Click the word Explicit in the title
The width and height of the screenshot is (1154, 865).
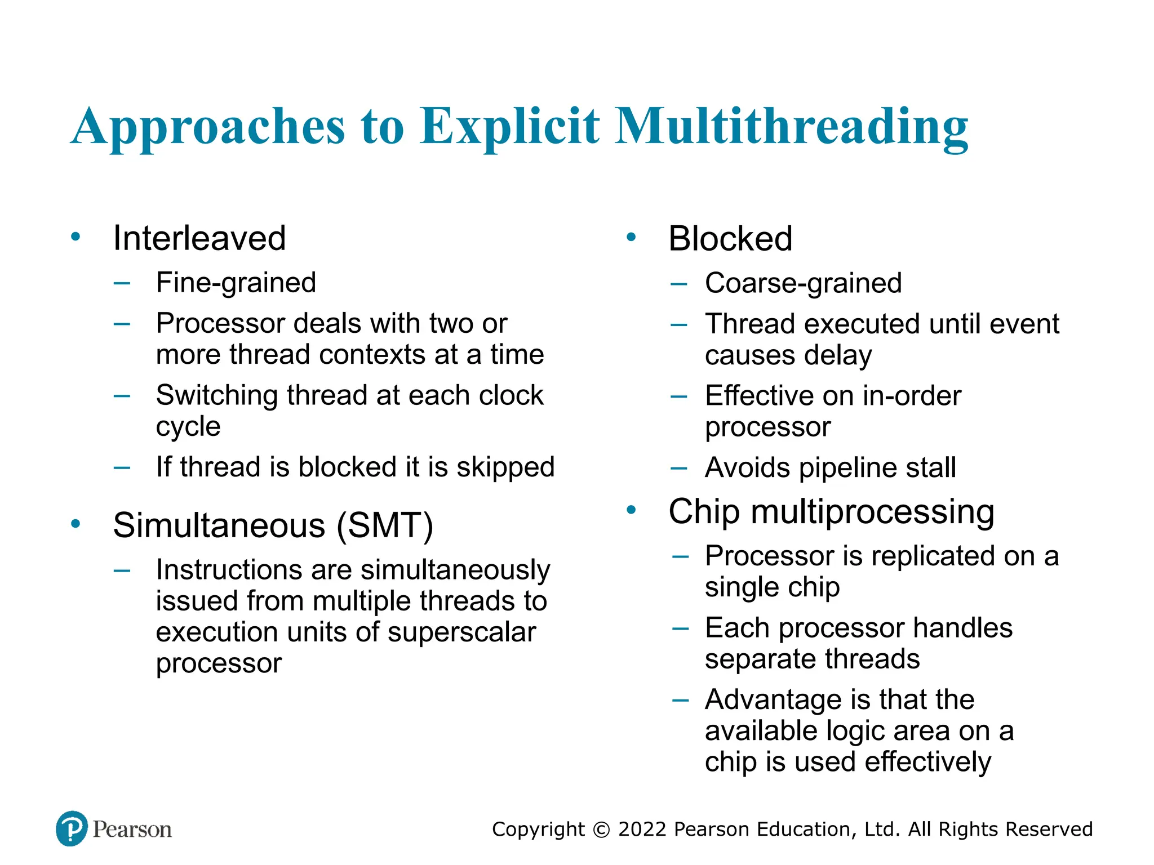pos(509,126)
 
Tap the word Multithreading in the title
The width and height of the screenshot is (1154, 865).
pos(791,127)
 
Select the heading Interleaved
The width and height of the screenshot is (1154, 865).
pos(199,238)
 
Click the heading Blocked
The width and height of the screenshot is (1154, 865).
pos(730,239)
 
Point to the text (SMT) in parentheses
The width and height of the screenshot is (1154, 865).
pos(385,525)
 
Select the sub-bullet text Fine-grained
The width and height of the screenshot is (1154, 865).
pos(236,283)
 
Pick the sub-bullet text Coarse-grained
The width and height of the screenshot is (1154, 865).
pos(803,283)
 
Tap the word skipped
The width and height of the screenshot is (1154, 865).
pos(505,467)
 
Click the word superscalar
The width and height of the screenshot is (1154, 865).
pos(461,632)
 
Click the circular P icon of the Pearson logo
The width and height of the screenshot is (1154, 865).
pos(72,828)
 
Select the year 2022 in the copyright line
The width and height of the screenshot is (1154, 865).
pos(642,830)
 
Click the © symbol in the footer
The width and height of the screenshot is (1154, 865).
pos(601,830)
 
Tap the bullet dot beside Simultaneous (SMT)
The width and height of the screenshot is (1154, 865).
pos(76,524)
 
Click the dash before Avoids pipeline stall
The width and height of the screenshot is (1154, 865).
pos(679,468)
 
